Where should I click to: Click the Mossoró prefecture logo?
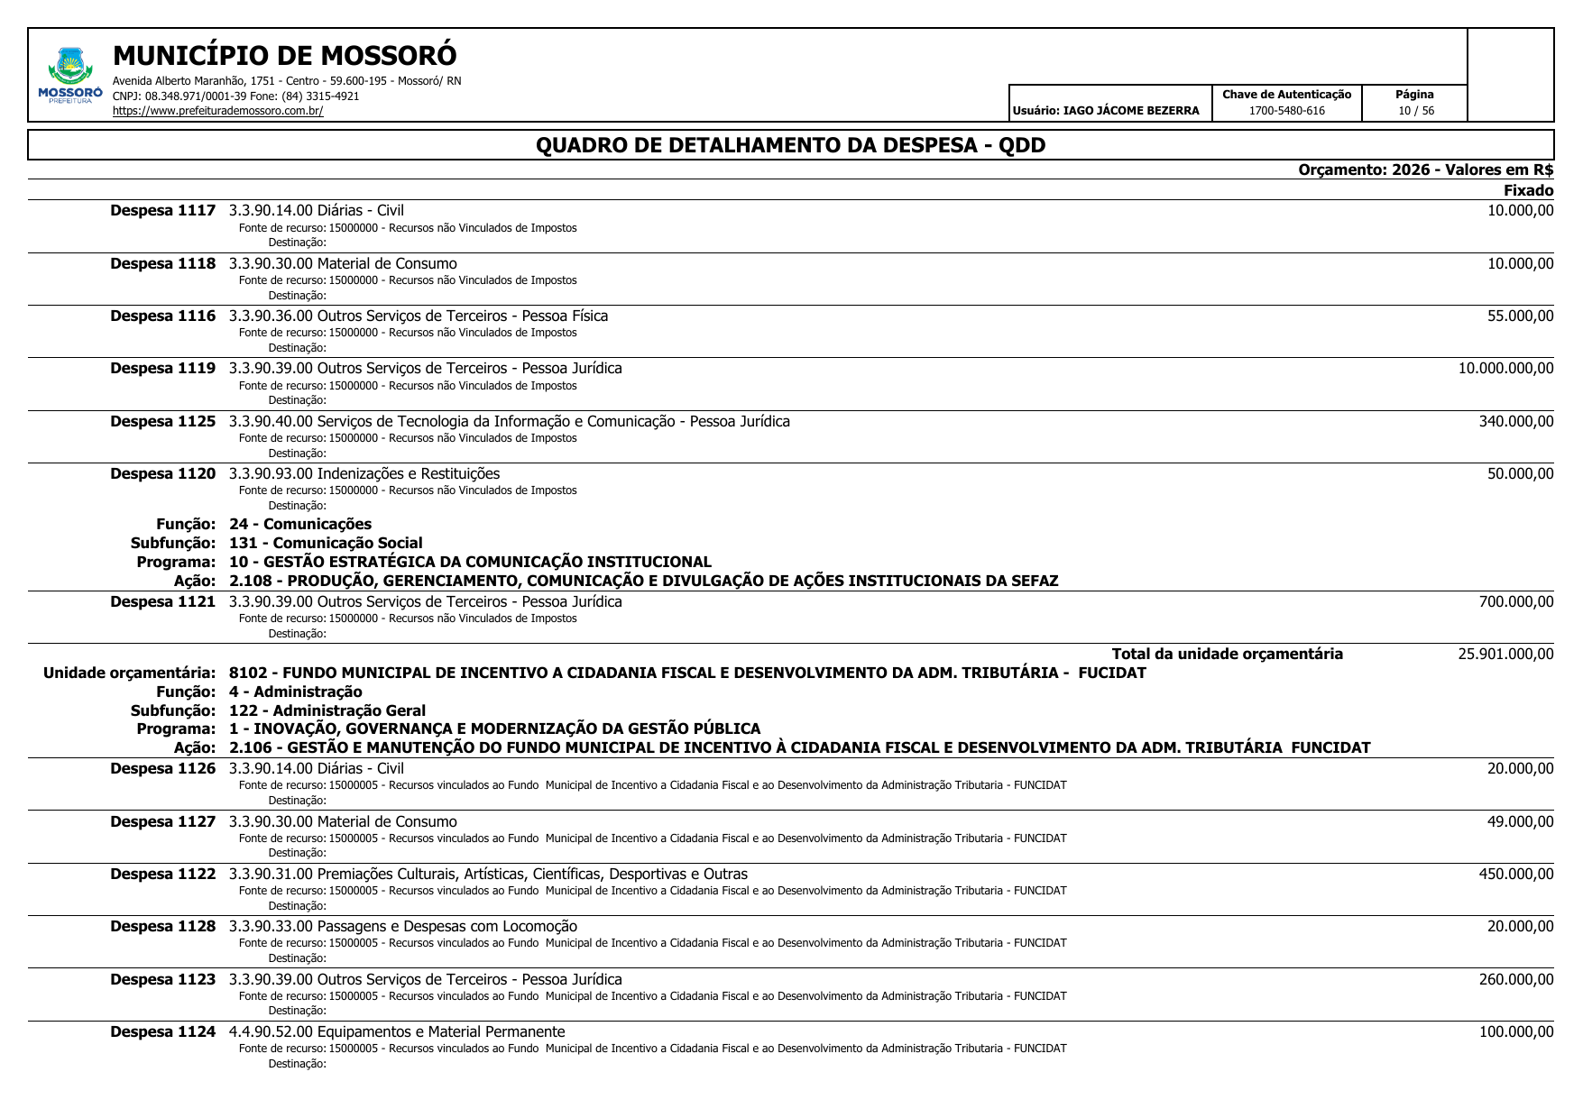[70, 76]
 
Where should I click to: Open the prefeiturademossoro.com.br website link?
[217, 111]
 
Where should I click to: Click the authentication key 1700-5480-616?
[1286, 111]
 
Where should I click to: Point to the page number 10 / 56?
[1415, 111]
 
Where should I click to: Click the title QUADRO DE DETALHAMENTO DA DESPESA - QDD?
[790, 145]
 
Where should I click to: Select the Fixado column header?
[1528, 190]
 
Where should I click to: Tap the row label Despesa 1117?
[162, 211]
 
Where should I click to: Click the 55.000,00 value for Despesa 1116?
[1520, 316]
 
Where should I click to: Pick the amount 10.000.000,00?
[1505, 368]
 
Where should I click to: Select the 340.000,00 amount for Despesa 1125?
[1515, 421]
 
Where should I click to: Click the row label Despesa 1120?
[162, 473]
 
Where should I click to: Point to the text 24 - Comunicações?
[299, 524]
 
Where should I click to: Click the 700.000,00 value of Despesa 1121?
[1515, 601]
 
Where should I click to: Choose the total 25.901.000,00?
[1505, 654]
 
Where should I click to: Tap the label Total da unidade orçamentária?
[1227, 654]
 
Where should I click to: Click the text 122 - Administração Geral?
[327, 710]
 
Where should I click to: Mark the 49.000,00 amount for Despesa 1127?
[1520, 821]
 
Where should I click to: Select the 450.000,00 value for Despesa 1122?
[1515, 874]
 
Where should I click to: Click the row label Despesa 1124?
[162, 1031]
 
